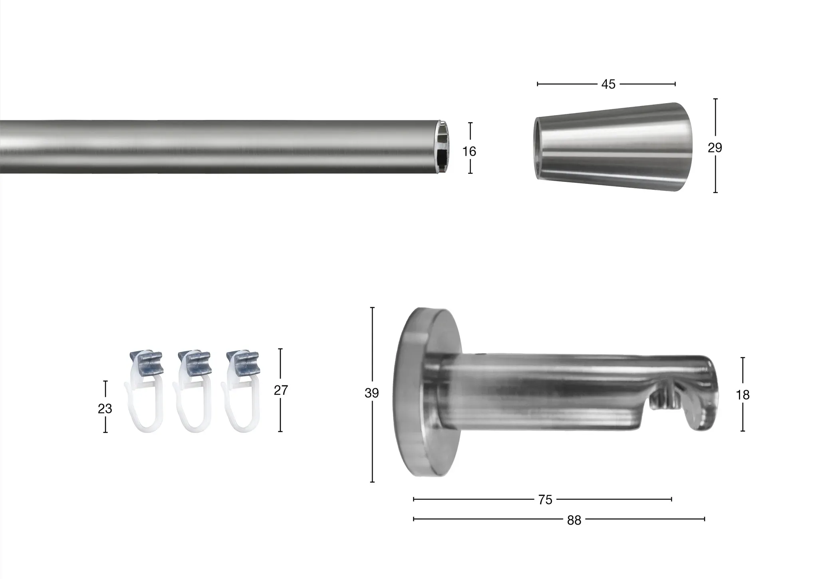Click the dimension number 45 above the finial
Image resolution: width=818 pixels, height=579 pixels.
608,84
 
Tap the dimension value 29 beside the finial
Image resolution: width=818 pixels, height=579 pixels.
715,148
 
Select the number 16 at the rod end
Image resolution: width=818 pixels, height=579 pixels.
469,152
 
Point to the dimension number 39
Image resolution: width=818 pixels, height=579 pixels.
372,393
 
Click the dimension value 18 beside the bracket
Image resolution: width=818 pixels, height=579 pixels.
743,395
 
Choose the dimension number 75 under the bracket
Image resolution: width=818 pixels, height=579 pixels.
545,500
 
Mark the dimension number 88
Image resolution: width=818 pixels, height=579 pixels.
574,520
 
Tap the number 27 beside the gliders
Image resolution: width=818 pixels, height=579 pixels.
281,390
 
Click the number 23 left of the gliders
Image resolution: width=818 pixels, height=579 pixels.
105,409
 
